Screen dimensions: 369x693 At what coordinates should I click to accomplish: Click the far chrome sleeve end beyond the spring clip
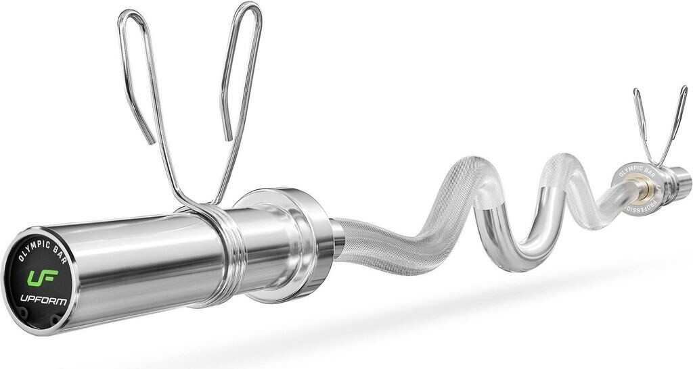680,181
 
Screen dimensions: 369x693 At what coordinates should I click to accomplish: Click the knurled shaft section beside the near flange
372,233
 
